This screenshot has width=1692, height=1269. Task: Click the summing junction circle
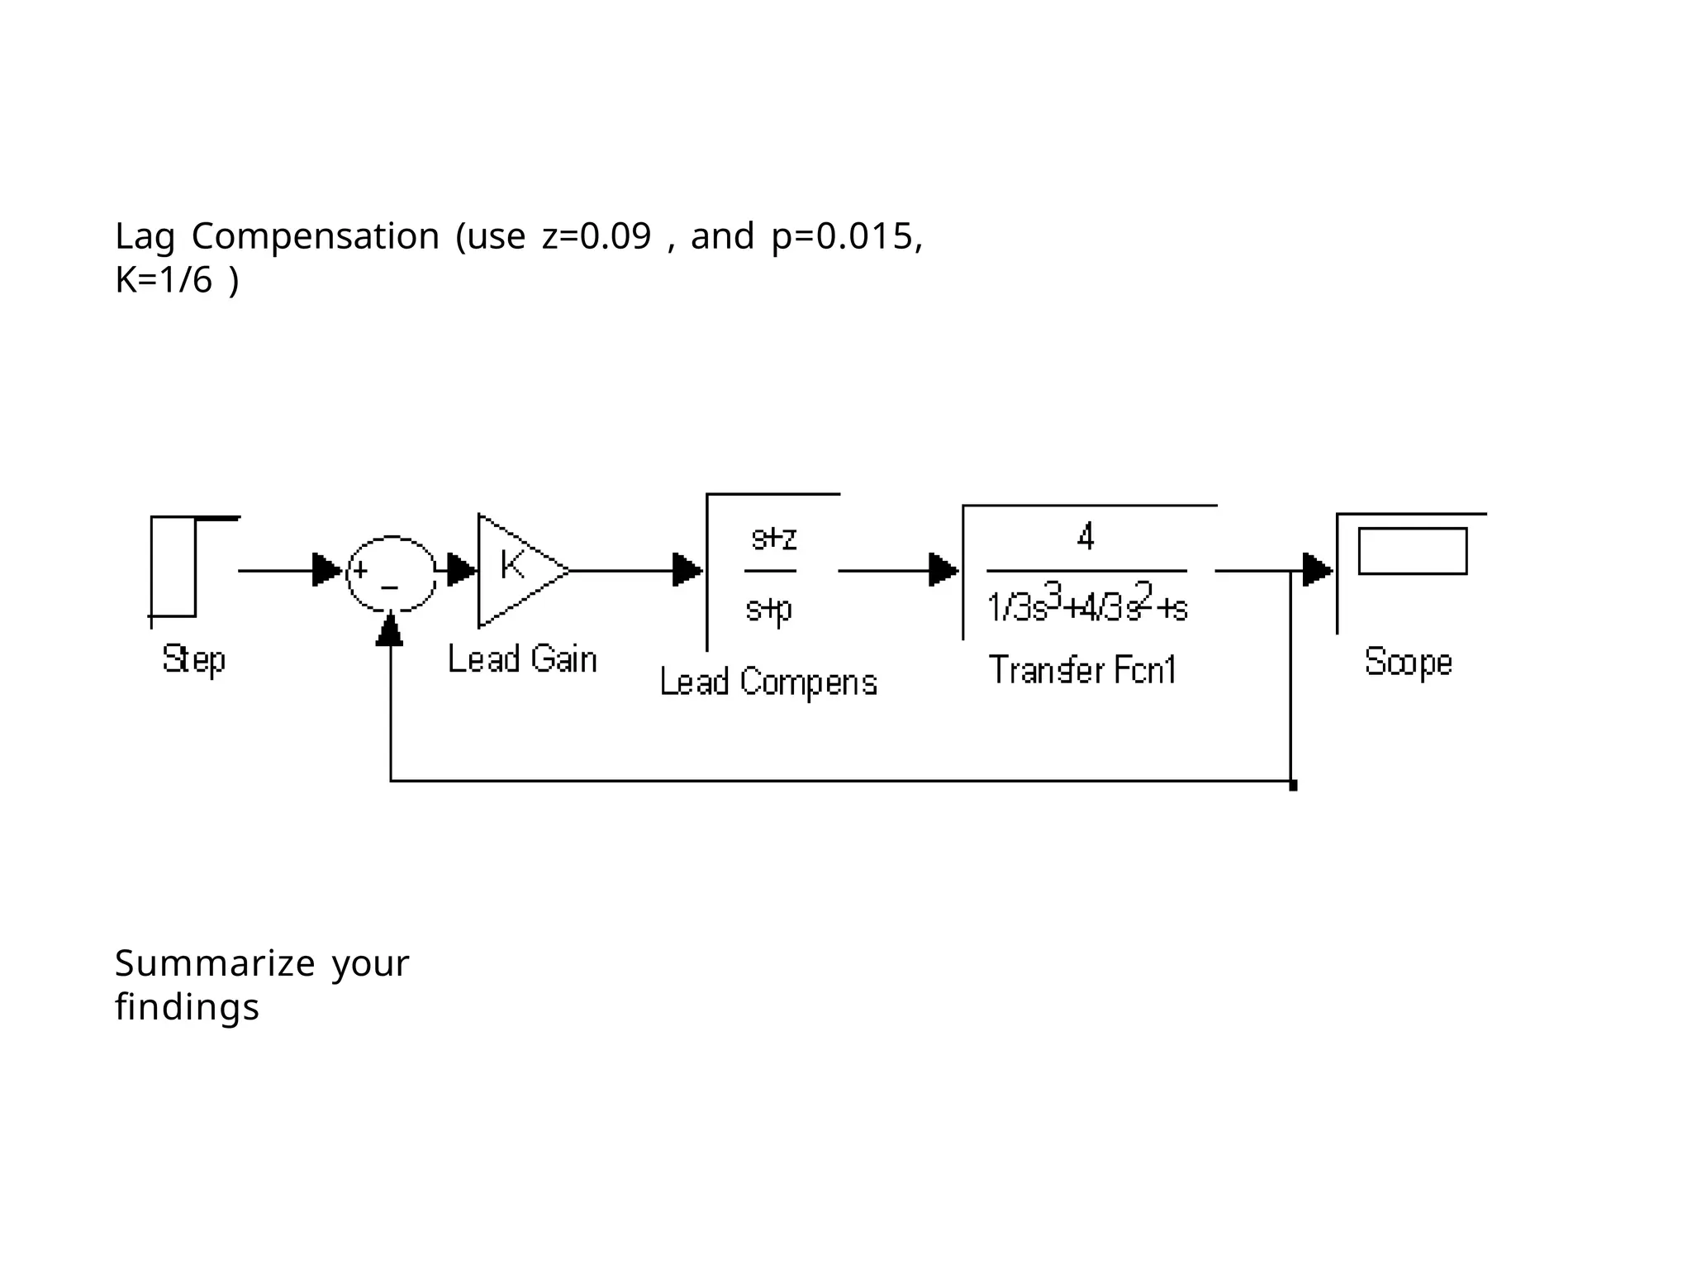391,573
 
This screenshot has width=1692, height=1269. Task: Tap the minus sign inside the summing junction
390,588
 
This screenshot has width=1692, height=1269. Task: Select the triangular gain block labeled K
516,570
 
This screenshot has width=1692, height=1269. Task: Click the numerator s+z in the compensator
773,539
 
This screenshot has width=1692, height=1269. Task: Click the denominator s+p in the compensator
769,610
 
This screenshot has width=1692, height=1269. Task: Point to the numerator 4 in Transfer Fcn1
1086,537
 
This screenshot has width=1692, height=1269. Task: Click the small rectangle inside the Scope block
1412,551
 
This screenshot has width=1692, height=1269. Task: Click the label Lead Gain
522,660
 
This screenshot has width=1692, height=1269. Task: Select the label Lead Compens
768,682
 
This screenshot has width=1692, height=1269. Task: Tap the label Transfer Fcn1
1082,669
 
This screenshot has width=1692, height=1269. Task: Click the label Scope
1408,663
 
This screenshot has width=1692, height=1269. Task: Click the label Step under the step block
193,660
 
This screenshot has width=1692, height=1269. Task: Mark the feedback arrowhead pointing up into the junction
390,631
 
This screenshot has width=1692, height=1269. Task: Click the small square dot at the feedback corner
1293,786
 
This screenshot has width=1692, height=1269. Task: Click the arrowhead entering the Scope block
1317,570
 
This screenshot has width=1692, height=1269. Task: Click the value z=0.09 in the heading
596,236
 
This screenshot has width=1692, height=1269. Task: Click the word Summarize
215,963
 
